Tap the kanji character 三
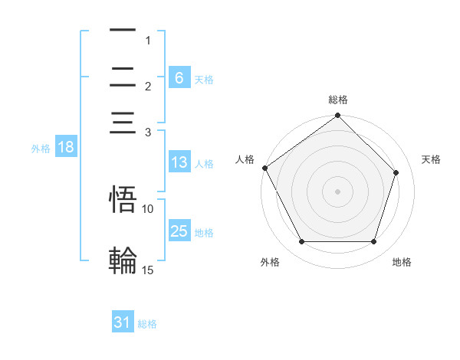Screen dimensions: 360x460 [123, 123]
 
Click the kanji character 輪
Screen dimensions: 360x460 [123, 260]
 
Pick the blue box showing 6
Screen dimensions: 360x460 [179, 78]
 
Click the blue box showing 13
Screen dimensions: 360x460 [179, 162]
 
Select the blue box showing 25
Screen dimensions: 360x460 [179, 231]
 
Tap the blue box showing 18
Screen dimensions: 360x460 [66, 148]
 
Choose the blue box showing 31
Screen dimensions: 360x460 [123, 323]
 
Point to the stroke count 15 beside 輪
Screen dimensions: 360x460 [148, 270]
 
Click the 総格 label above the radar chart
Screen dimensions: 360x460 [338, 100]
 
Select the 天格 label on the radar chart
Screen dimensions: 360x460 [432, 159]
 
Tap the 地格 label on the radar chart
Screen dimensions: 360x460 [402, 262]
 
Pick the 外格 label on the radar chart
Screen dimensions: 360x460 [270, 262]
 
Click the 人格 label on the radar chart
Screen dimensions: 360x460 [245, 159]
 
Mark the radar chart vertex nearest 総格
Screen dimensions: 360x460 [337, 116]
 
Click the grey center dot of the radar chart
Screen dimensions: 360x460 [337, 191]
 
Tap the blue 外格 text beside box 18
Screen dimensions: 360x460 [41, 149]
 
